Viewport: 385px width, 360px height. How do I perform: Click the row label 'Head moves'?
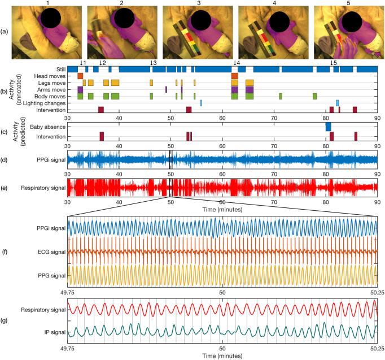tap(50, 76)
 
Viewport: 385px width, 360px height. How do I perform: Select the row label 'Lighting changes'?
tap(43, 103)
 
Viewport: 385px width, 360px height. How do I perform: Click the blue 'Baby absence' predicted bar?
tap(328, 127)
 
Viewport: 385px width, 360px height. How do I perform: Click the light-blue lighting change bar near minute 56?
tap(201, 103)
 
